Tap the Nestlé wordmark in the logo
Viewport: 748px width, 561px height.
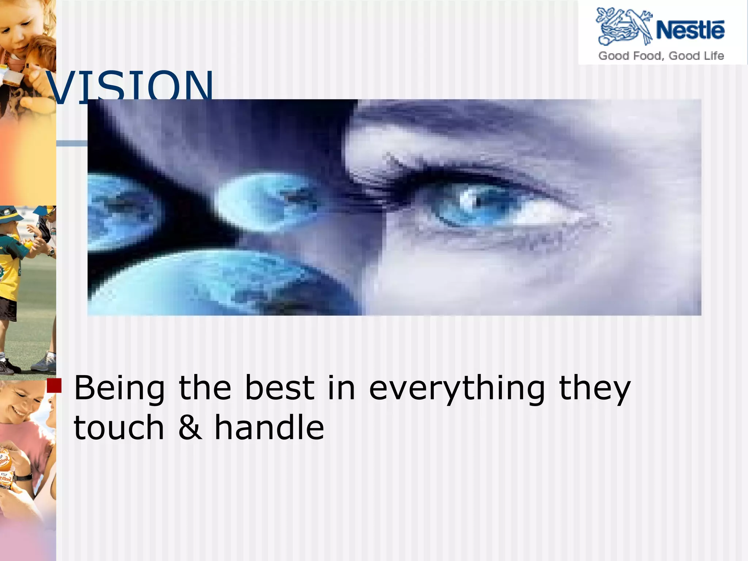[690, 30]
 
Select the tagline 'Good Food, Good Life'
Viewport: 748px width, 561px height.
[661, 56]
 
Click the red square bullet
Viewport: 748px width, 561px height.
[54, 386]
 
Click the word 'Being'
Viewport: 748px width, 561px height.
[119, 389]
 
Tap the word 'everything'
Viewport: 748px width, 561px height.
[457, 389]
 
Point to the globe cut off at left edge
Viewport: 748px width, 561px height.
[117, 212]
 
